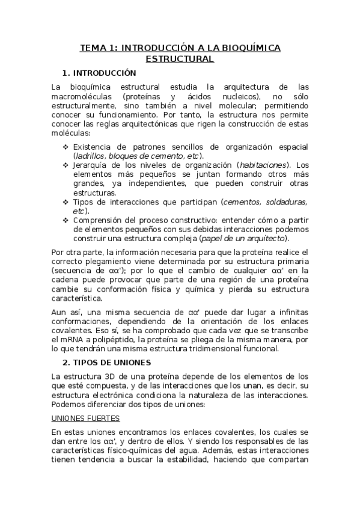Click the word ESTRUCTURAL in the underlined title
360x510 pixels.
(180, 58)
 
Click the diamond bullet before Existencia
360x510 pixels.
(66, 147)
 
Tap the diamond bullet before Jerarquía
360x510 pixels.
(66, 165)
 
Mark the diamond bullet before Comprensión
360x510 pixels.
(66, 220)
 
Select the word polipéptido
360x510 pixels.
(118, 340)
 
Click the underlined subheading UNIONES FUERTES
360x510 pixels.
(86, 418)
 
